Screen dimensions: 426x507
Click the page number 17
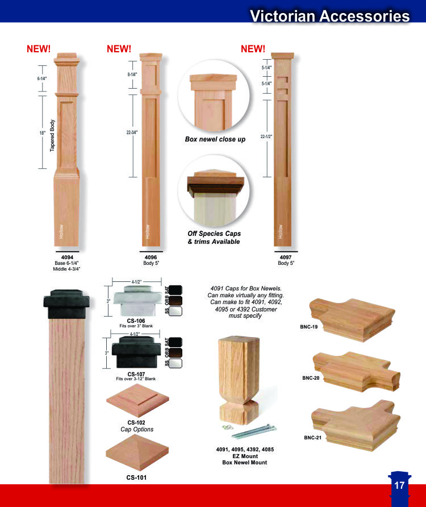(x=399, y=485)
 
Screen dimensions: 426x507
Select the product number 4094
(x=67, y=257)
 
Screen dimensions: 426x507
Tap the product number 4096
(x=151, y=257)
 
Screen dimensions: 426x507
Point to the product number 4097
(x=286, y=257)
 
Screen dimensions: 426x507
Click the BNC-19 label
(x=308, y=327)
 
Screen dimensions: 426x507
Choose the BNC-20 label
(x=311, y=378)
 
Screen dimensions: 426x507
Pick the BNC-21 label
(x=312, y=438)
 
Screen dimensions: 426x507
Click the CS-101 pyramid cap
(x=137, y=452)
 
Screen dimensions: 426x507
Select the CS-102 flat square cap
(x=137, y=401)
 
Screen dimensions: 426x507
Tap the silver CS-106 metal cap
(x=137, y=301)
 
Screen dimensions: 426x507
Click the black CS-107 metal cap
(x=136, y=352)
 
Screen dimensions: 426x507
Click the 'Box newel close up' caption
(x=215, y=139)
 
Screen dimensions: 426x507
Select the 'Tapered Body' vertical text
(x=52, y=135)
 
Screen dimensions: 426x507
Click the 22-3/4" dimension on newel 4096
(x=132, y=132)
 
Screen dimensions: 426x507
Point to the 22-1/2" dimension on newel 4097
(x=266, y=136)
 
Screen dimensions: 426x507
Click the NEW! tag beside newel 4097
(x=253, y=49)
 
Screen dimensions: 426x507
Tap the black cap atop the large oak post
(x=66, y=304)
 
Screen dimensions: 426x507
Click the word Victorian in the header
(x=282, y=16)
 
